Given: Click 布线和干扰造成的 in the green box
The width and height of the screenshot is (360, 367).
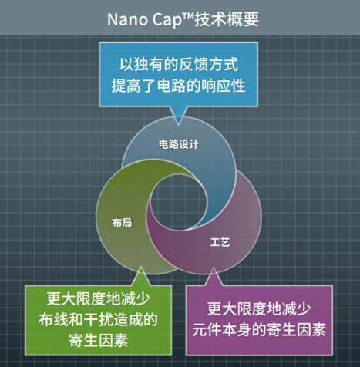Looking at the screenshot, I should tap(92, 318).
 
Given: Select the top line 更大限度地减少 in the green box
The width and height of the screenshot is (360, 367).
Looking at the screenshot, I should tap(92, 298).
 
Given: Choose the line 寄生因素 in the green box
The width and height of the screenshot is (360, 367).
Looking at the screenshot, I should tap(92, 339).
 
